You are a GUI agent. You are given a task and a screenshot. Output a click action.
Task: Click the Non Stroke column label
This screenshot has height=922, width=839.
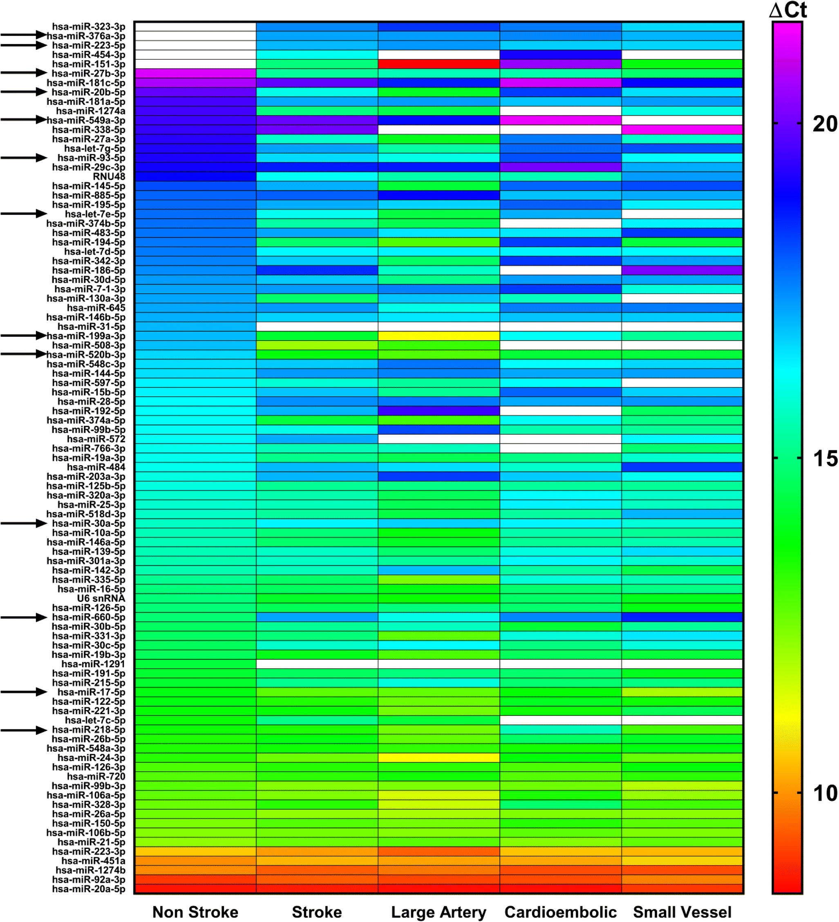pos(195,911)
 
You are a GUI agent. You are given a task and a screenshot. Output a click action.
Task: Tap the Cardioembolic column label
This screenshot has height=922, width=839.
pos(560,911)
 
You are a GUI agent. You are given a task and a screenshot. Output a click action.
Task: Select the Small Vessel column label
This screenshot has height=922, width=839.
pos(682,911)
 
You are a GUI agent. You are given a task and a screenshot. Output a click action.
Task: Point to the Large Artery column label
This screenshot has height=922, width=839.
pos(439,911)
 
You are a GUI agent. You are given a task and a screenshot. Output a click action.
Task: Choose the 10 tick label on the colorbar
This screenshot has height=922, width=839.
pos(825,793)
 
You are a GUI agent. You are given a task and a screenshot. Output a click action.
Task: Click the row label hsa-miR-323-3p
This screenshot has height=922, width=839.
pos(88,27)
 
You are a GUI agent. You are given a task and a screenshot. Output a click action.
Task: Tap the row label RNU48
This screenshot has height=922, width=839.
pos(109,176)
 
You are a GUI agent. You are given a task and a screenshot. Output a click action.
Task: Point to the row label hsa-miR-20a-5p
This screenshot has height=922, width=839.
pos(88,889)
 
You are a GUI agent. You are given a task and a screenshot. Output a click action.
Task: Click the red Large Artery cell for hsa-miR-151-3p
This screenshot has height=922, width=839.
pos(439,64)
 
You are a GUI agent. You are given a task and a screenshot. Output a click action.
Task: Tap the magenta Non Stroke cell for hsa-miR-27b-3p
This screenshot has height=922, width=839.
pos(195,73)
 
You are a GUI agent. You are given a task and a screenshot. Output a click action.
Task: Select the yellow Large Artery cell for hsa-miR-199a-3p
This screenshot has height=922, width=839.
pos(439,336)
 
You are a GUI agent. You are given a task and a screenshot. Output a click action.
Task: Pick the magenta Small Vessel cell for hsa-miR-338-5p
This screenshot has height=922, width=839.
pos(682,129)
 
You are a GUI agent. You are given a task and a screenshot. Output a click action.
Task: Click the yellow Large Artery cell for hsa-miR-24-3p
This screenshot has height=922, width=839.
pos(439,757)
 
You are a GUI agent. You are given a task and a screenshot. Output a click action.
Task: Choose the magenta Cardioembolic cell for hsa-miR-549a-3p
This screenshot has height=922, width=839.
pos(560,120)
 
